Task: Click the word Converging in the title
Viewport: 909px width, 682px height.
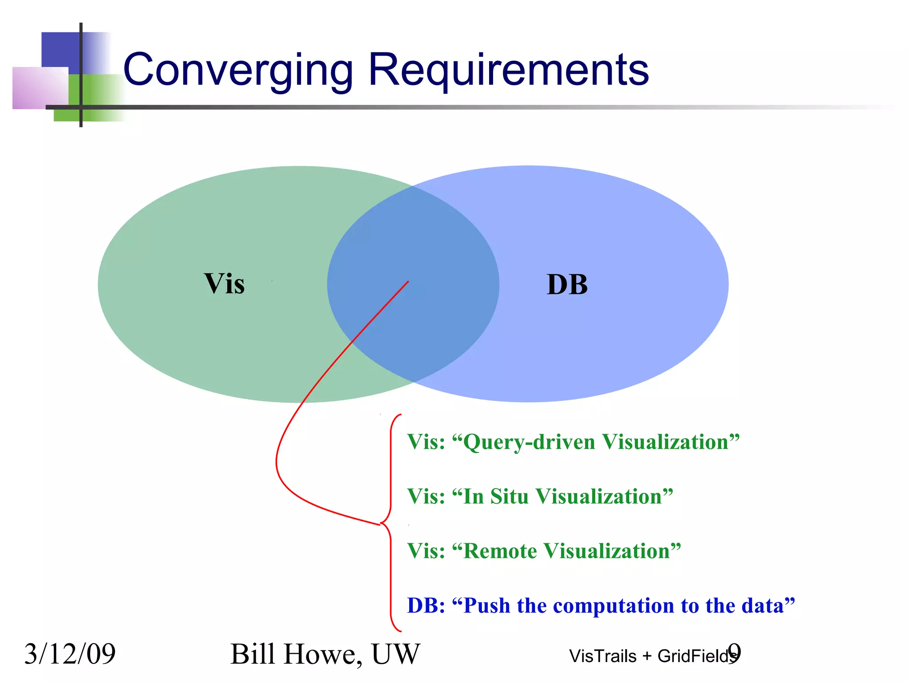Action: [x=238, y=70]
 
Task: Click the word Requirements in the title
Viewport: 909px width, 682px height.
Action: [x=509, y=70]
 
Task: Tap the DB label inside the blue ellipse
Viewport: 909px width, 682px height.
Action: [x=567, y=285]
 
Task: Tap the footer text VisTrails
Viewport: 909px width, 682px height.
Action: [x=603, y=656]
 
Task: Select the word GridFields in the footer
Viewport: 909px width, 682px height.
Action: [x=696, y=656]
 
